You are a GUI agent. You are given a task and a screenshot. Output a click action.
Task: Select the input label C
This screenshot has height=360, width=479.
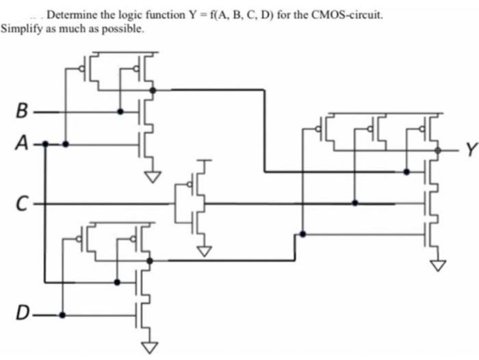[23, 203]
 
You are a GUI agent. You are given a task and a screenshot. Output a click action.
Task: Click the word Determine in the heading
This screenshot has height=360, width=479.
[70, 14]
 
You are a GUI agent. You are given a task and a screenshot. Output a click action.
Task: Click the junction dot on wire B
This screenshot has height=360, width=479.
[120, 111]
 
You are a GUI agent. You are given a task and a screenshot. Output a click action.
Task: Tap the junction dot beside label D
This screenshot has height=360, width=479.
[62, 315]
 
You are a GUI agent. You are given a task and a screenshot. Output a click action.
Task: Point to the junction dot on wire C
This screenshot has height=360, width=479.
[354, 203]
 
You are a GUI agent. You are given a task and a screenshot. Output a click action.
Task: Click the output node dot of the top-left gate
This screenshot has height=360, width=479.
[151, 89]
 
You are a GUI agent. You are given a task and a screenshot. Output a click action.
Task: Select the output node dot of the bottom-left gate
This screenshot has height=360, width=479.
[149, 260]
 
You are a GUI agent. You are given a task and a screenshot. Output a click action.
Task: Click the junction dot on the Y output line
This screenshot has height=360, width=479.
[435, 150]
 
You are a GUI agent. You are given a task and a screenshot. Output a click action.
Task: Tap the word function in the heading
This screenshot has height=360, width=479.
[187, 14]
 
